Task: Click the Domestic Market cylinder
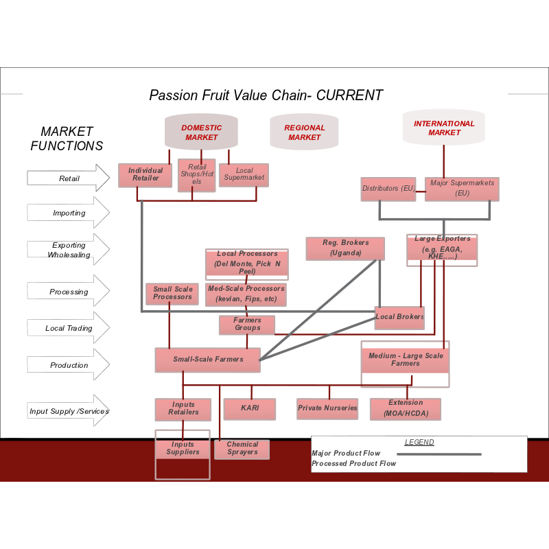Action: point(201,132)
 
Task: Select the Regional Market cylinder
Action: point(304,132)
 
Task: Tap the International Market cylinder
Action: point(444,128)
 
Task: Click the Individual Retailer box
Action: point(145,175)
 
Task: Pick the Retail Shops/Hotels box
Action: point(197,175)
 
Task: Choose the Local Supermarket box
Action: point(244,174)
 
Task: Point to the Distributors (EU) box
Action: point(388,189)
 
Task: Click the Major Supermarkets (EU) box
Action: point(462,189)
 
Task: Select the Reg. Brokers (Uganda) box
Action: point(345,248)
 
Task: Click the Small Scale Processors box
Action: point(172,294)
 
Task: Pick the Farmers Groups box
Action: point(247,325)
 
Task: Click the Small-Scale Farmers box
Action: point(208,360)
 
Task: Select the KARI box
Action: point(250,409)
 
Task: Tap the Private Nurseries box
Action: point(327,409)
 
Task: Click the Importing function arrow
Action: point(69,213)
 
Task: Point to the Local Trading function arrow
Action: point(69,328)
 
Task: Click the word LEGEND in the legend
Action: point(419,443)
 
